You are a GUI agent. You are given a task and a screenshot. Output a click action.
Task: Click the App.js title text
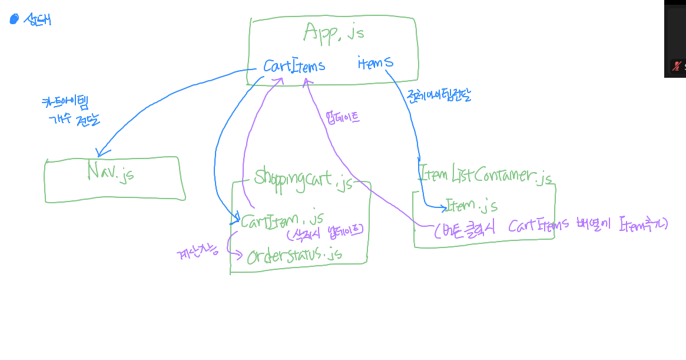tap(334, 32)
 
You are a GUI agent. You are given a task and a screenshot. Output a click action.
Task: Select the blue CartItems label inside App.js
tap(294, 65)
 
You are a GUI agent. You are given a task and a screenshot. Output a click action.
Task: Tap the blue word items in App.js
tap(375, 62)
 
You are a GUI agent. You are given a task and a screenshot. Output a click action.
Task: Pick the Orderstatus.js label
tap(294, 255)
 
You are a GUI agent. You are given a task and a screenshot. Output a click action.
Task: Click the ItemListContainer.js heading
tap(485, 175)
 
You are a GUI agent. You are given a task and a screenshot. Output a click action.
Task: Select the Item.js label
tap(472, 206)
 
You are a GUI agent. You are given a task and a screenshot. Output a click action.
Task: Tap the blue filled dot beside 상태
tap(14, 19)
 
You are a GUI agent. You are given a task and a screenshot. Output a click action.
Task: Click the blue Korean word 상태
tap(37, 20)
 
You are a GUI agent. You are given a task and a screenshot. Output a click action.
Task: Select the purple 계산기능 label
tap(197, 254)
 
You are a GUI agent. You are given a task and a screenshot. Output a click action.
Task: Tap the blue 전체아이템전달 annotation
tap(438, 96)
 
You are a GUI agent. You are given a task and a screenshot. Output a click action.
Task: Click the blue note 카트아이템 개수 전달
tap(69, 111)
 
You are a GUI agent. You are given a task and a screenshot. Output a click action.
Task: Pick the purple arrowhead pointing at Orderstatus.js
tap(240, 256)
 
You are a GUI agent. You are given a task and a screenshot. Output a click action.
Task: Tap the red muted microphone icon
tap(677, 66)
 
